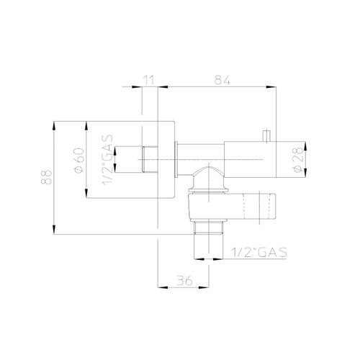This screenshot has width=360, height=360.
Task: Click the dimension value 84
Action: click(x=222, y=80)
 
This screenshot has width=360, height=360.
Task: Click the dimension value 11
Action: click(x=149, y=80)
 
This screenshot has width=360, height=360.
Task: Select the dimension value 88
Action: click(x=46, y=177)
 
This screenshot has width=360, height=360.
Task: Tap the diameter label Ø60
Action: click(x=79, y=160)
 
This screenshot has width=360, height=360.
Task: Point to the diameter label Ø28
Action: click(x=298, y=160)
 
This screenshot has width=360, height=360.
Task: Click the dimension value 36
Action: click(x=184, y=281)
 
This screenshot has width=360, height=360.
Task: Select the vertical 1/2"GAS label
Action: click(x=107, y=160)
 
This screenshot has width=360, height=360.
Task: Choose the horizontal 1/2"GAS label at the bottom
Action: click(x=259, y=252)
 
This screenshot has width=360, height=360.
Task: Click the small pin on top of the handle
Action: click(x=266, y=136)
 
